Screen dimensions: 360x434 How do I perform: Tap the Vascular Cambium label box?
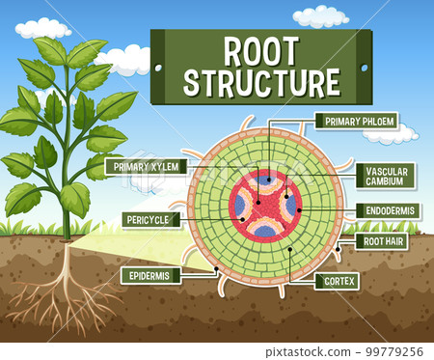(386, 176)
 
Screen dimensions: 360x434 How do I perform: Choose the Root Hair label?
(382, 241)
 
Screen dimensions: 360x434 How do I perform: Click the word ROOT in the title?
(260, 50)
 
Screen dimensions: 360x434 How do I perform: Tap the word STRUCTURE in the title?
(260, 82)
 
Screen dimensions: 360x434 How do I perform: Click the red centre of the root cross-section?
(264, 204)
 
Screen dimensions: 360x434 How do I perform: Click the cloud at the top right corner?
(321, 16)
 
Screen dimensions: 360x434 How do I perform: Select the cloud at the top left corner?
(42, 27)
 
